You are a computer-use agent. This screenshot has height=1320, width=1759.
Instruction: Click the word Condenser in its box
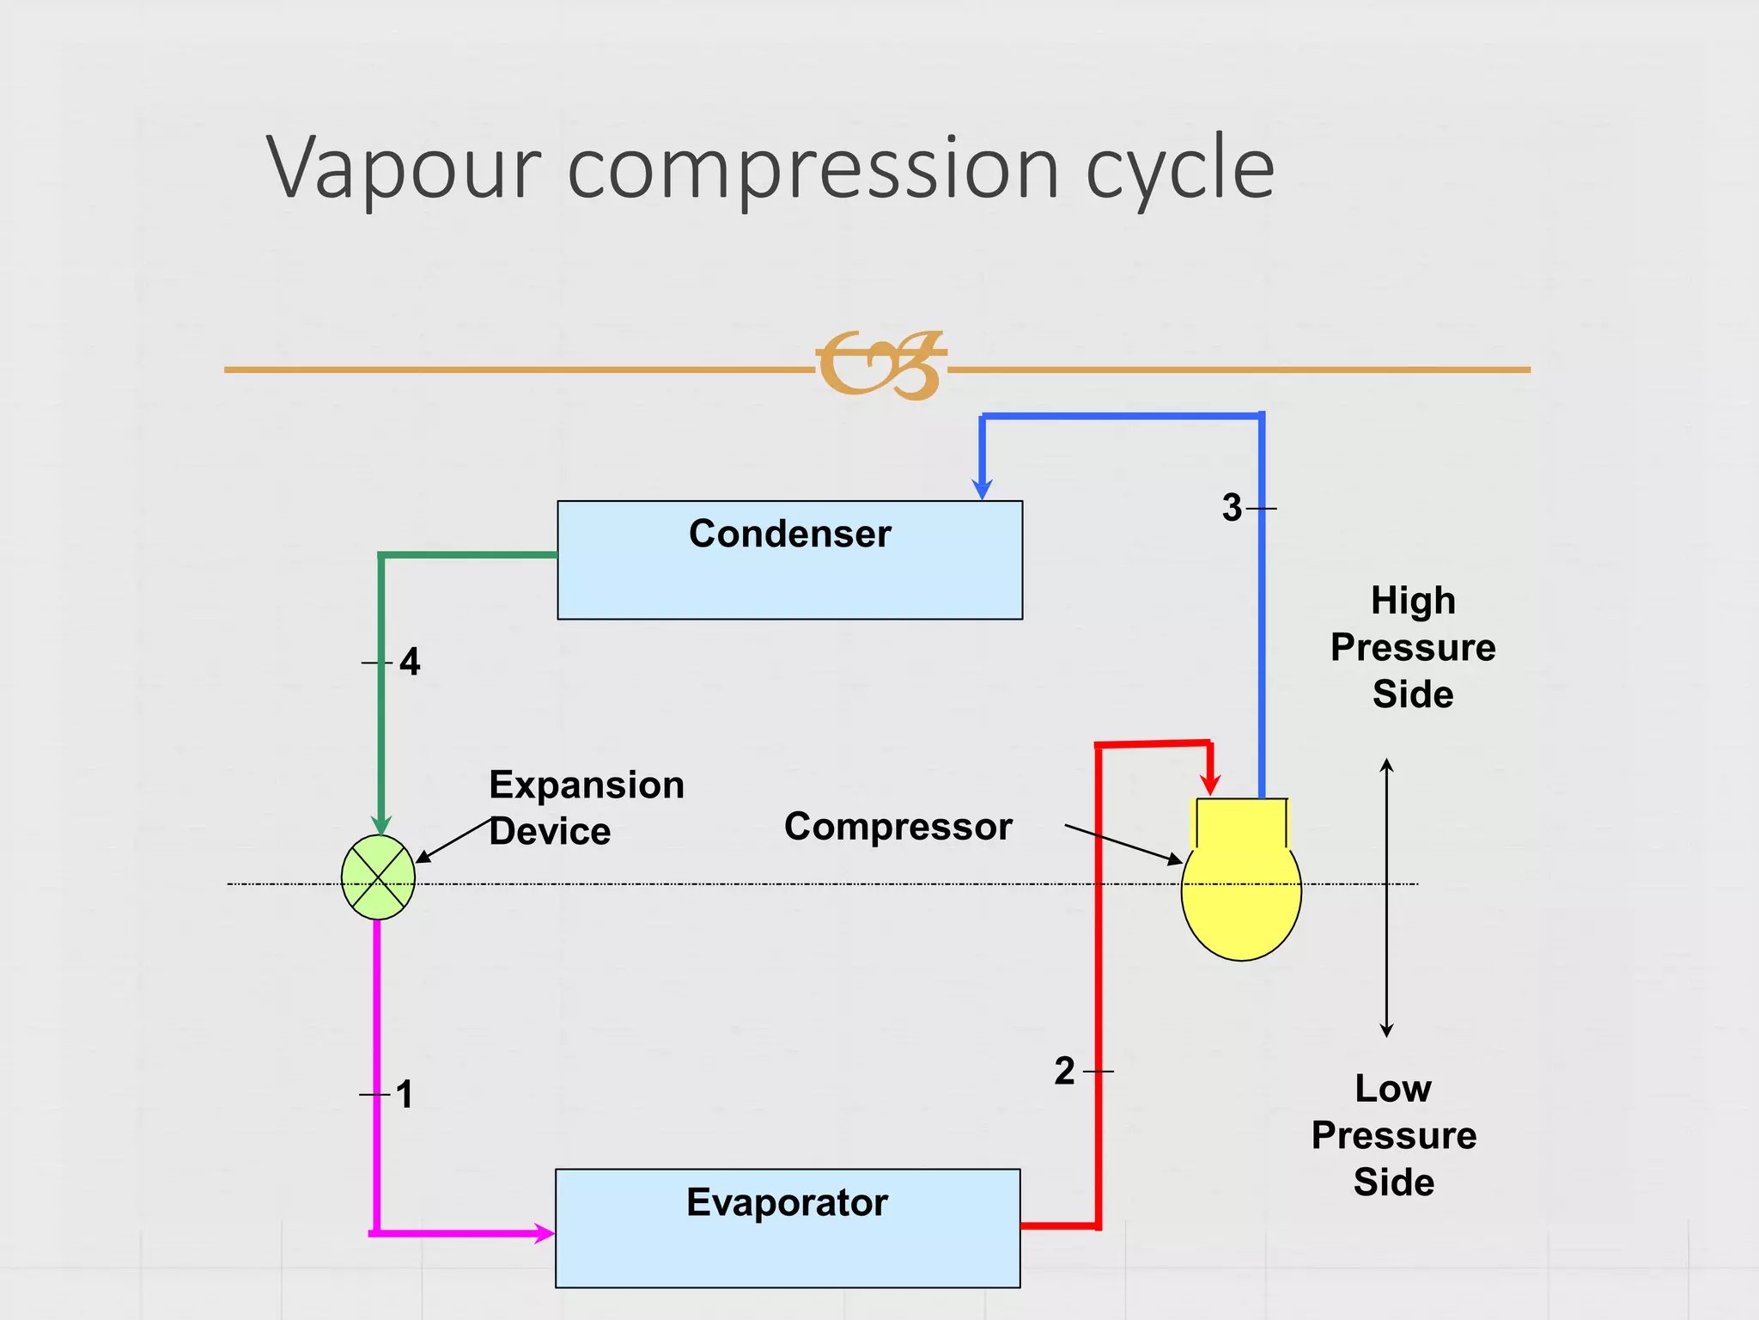[x=789, y=534]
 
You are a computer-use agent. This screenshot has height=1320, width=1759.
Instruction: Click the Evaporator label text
[x=787, y=1202]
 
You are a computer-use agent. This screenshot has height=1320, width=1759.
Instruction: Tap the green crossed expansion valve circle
[x=378, y=877]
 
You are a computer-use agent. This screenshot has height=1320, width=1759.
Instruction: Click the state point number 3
[x=1232, y=508]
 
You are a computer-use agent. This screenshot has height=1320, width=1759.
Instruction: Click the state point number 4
[x=410, y=663]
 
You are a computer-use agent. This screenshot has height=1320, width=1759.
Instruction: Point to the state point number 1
[x=405, y=1095]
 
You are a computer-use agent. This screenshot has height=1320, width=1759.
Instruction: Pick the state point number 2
[x=1064, y=1072]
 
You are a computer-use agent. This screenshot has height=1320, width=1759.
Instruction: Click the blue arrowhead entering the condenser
[x=982, y=489]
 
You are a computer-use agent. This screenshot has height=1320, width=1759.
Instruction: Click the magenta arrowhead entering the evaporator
[x=543, y=1233]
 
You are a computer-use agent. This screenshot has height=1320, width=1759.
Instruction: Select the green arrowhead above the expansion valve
[x=381, y=824]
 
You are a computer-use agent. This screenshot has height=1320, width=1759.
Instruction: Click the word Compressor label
[x=898, y=827]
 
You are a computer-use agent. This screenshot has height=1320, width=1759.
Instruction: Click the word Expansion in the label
[x=587, y=785]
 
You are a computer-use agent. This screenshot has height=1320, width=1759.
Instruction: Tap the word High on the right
[x=1413, y=601]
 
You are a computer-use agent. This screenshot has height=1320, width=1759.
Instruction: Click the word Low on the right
[x=1393, y=1089]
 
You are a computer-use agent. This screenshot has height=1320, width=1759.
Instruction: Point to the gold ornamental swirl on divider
[x=879, y=365]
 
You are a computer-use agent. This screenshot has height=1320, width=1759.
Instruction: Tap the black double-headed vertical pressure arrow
[x=1386, y=897]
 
